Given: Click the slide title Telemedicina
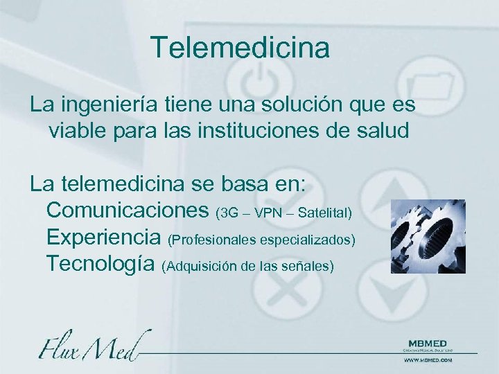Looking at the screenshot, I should pyautogui.click(x=240, y=48).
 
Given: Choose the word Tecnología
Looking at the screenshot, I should pyautogui.click(x=100, y=263).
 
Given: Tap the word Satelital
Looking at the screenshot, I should pyautogui.click(x=326, y=211).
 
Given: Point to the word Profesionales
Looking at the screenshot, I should pyautogui.click(x=213, y=240).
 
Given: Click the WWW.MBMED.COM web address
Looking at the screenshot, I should pyautogui.click(x=427, y=360).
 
